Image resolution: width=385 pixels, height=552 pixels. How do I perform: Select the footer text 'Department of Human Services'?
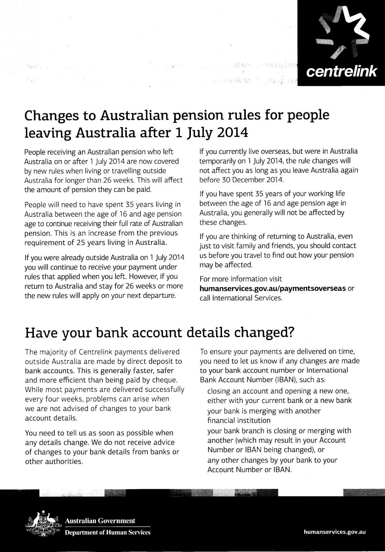coord(108,533)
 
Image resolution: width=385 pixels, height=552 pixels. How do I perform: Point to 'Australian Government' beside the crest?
coord(100,521)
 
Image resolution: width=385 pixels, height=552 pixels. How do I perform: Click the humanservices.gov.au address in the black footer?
coord(334,532)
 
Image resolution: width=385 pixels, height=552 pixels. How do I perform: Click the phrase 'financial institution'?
coord(239,421)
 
